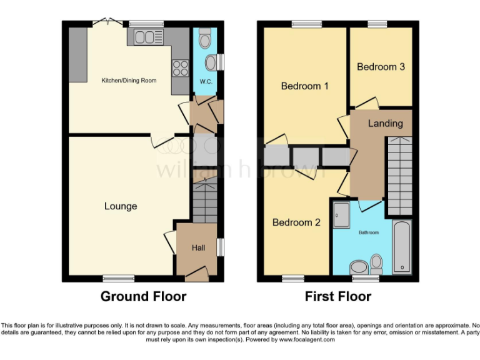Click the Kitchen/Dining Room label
pos(129,81)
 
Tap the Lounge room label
pos(121,206)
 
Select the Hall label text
pos(198,248)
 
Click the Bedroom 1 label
pos(304,86)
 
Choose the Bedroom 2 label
pos(296,222)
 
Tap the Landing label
pos(385,123)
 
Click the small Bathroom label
pos(368,232)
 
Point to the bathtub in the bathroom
pos(402,247)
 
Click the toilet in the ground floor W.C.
pos(205,39)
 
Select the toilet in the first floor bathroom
pos(376,263)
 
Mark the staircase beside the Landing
pos(399,175)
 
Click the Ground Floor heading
pos(143,296)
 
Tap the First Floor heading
pos(337,296)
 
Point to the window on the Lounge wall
pos(119,278)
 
